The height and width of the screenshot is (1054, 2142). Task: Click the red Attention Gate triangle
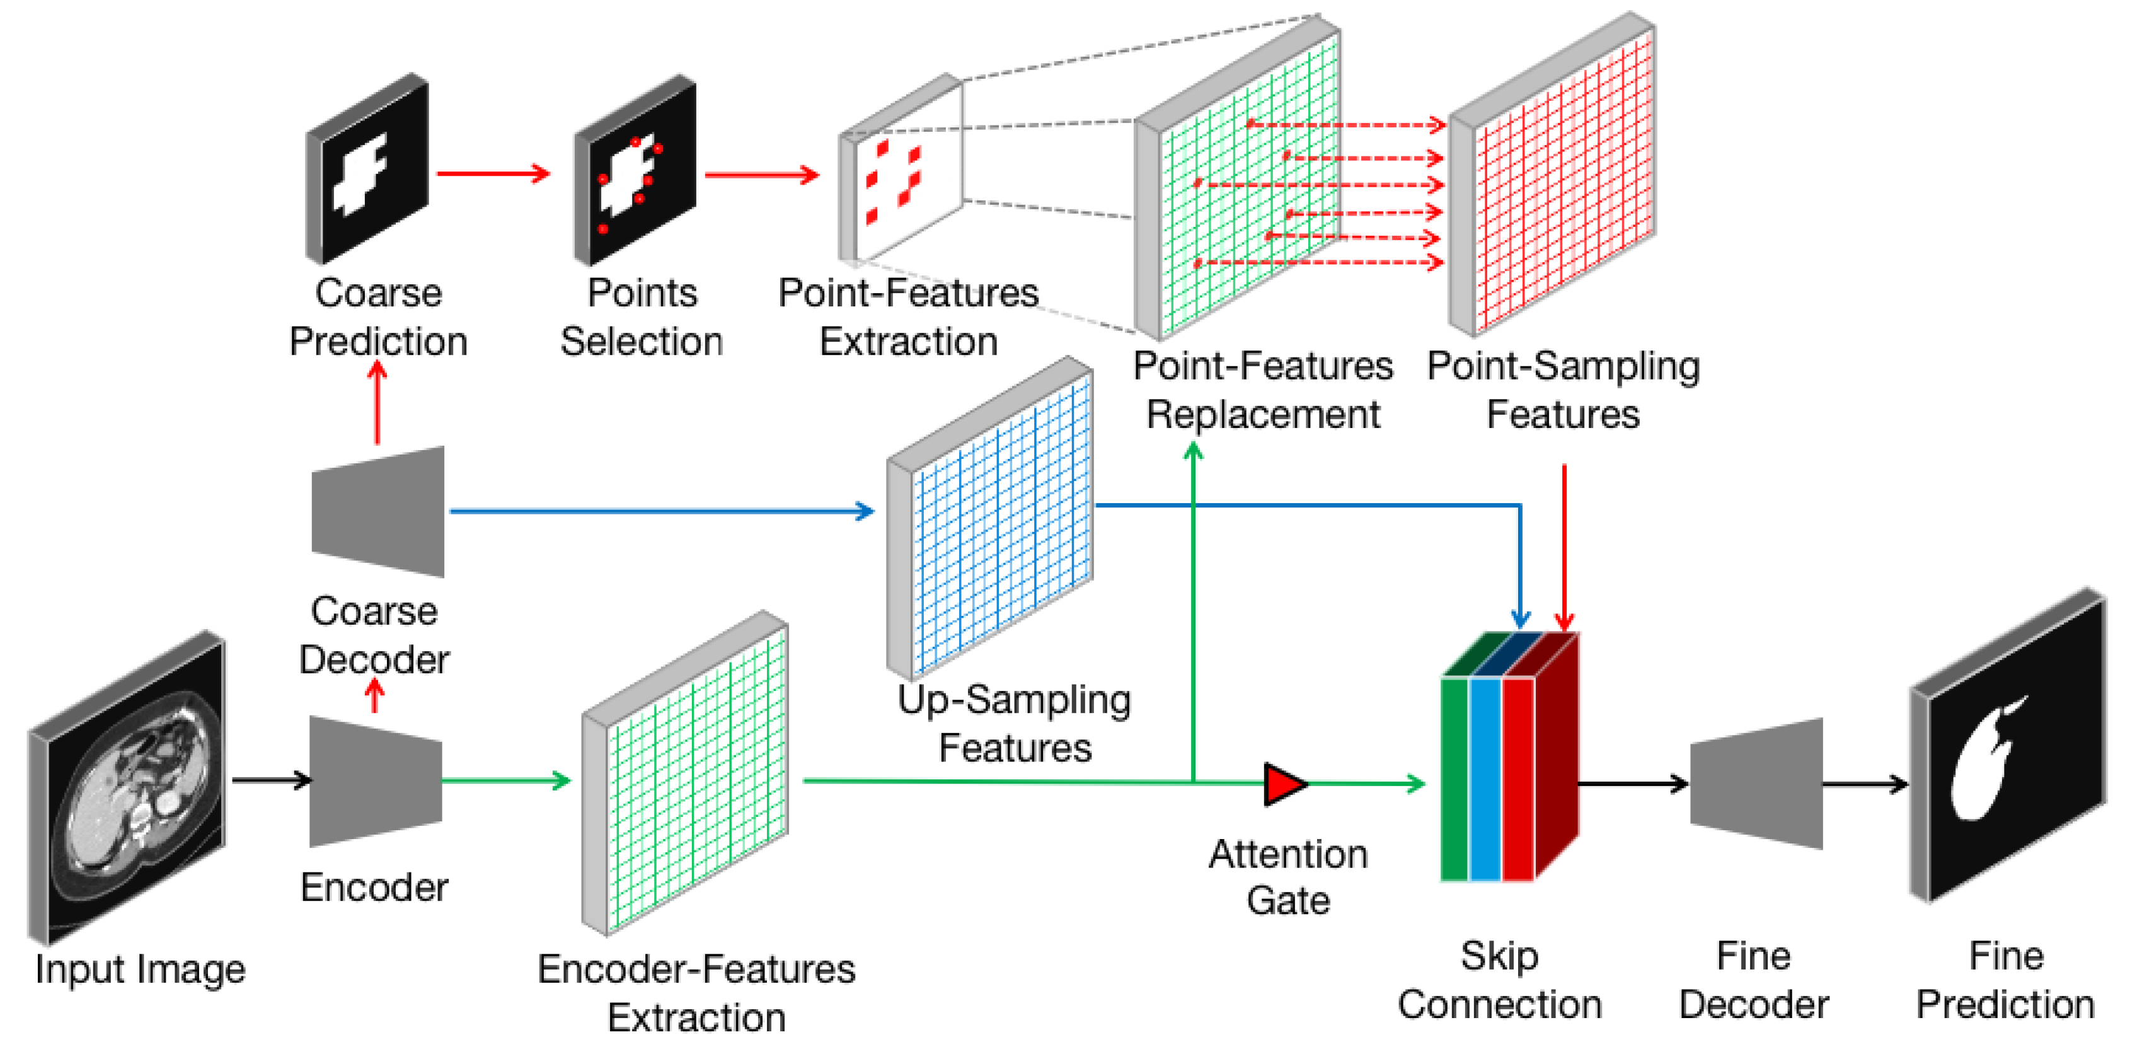click(x=1283, y=784)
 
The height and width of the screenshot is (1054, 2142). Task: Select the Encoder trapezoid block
click(x=376, y=782)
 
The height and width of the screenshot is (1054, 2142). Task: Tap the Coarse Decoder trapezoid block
click(x=377, y=512)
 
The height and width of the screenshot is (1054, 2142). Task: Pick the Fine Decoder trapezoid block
click(x=1756, y=784)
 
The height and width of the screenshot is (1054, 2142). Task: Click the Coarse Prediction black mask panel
click(x=367, y=169)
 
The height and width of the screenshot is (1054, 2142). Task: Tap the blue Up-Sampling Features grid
click(x=989, y=518)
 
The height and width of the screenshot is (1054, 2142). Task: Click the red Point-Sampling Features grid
click(x=1552, y=175)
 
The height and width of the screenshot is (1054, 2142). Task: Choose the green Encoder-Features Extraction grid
click(x=684, y=773)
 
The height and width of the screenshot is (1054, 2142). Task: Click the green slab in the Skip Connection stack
click(x=1455, y=779)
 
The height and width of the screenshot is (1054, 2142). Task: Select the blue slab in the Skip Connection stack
click(x=1485, y=779)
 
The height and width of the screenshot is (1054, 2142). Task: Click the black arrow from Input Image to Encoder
click(x=271, y=780)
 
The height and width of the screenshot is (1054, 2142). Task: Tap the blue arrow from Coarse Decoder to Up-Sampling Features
click(x=662, y=511)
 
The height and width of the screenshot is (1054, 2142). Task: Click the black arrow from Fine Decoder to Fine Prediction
click(x=1865, y=784)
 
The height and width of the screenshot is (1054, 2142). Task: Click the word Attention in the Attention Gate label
click(x=1288, y=854)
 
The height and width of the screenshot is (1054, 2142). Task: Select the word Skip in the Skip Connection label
click(x=1499, y=957)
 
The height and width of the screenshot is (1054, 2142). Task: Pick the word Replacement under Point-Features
click(x=1263, y=414)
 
